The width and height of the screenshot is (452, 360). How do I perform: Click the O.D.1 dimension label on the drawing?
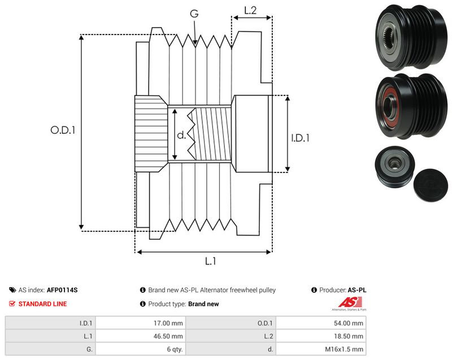[63, 130]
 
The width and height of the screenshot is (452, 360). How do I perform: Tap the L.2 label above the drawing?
[250, 10]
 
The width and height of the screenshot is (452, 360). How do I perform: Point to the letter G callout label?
[194, 13]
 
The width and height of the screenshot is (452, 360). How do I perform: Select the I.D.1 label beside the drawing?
[300, 138]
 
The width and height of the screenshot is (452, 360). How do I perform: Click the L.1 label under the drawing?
[210, 261]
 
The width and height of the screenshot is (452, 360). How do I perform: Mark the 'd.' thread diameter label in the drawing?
[181, 135]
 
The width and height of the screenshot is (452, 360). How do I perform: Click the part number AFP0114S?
[62, 290]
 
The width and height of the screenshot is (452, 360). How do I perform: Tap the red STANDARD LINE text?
[43, 304]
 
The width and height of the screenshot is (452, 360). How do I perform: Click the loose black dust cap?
[431, 185]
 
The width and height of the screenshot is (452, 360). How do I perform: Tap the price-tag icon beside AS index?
[12, 290]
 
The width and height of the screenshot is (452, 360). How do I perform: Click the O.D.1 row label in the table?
[265, 323]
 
